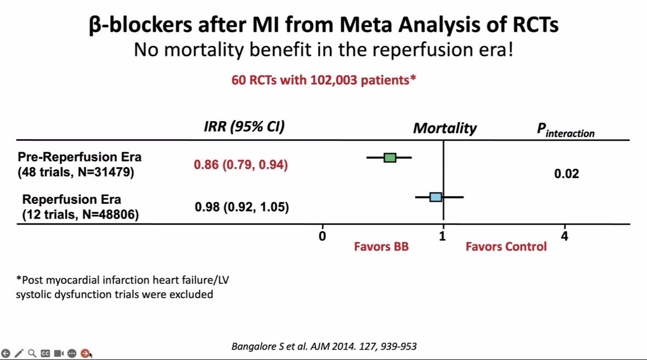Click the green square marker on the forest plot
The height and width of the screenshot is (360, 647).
(x=390, y=158)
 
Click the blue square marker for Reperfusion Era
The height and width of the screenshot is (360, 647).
(x=436, y=197)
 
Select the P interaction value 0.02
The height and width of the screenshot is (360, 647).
(x=566, y=174)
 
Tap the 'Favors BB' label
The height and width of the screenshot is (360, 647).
(x=381, y=247)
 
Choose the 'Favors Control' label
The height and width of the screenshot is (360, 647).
(x=506, y=247)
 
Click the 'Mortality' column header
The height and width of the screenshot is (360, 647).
(x=445, y=129)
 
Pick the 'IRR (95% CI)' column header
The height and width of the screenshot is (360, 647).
(x=244, y=127)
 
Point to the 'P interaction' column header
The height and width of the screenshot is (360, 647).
(x=565, y=130)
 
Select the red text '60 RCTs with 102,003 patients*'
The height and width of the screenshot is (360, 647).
(x=324, y=80)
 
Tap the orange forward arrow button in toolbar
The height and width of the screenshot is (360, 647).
(x=85, y=353)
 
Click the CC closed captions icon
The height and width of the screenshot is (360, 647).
(x=46, y=353)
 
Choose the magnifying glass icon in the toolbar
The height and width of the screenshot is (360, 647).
(x=32, y=353)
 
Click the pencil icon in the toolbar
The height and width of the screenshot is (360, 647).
(x=19, y=353)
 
